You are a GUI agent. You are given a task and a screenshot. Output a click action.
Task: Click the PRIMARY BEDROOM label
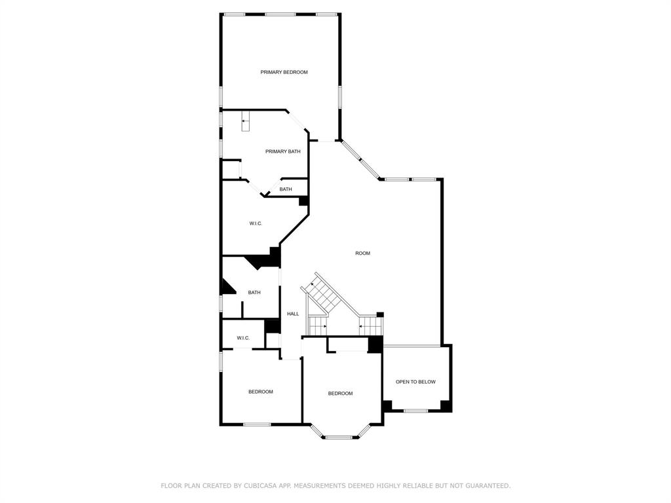[x=284, y=72]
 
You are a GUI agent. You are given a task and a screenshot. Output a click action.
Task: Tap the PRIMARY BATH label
[x=283, y=151]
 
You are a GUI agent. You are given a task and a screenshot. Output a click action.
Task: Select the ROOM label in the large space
[x=362, y=253]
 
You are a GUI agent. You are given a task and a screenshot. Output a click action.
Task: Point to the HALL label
[x=293, y=314]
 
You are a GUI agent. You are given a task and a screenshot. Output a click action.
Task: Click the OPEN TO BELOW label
[x=415, y=382]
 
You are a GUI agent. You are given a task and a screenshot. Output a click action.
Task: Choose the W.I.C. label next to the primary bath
[x=256, y=223]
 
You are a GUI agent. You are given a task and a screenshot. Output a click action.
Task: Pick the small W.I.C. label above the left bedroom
[x=243, y=338]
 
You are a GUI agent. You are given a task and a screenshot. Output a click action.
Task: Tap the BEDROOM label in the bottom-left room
[x=260, y=392]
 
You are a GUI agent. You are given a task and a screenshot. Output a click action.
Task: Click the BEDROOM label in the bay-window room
[x=340, y=394]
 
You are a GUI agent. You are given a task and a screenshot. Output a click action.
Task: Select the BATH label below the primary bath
[x=286, y=189]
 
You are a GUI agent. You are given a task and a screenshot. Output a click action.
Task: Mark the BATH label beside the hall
[x=254, y=293]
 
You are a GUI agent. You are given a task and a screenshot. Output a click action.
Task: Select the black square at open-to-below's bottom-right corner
[x=446, y=405]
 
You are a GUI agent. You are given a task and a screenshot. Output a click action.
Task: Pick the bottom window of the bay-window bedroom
[x=339, y=437]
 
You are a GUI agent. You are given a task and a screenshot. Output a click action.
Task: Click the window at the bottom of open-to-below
[x=415, y=411]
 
